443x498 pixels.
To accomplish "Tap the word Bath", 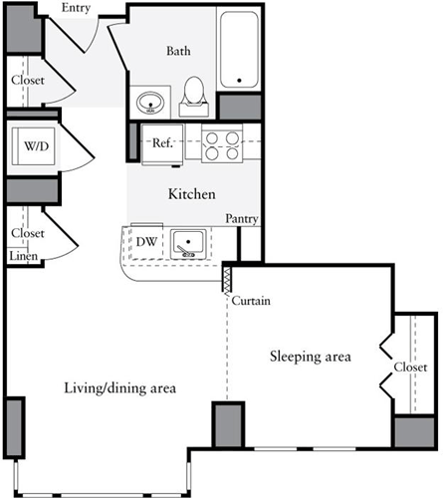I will coord(179,51).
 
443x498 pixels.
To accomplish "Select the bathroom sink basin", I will coord(152,101).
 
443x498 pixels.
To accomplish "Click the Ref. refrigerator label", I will coord(164,143).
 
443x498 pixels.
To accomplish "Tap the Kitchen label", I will coord(191,194).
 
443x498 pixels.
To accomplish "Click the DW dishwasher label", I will coord(145,241).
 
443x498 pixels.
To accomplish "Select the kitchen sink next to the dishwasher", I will coord(186,242).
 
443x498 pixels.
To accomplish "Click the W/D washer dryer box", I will coord(36,148).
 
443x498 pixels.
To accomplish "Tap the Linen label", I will coord(24,256).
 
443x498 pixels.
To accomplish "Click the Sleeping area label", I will coord(309,356).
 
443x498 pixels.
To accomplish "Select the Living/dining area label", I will coord(119,387).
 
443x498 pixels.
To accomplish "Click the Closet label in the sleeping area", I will coord(410,368).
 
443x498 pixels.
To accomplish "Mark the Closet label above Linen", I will coord(28,233).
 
